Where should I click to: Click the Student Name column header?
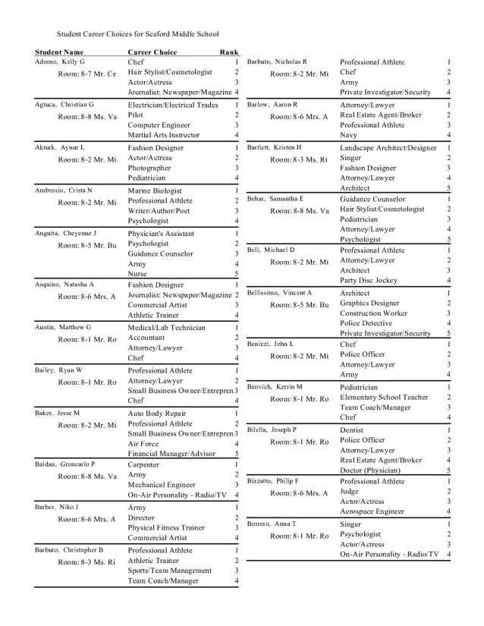[58, 52]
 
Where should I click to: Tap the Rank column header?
[228, 52]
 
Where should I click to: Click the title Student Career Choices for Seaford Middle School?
[137, 34]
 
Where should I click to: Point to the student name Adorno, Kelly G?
[60, 61]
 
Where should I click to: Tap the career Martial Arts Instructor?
[164, 135]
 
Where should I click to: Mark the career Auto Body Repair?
[157, 414]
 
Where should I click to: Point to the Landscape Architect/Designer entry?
[388, 147]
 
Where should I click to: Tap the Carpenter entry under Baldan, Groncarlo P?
[143, 464]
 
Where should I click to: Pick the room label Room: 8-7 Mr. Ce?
[87, 74]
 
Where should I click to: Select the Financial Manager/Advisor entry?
[172, 454]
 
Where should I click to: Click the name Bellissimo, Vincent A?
[278, 292]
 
